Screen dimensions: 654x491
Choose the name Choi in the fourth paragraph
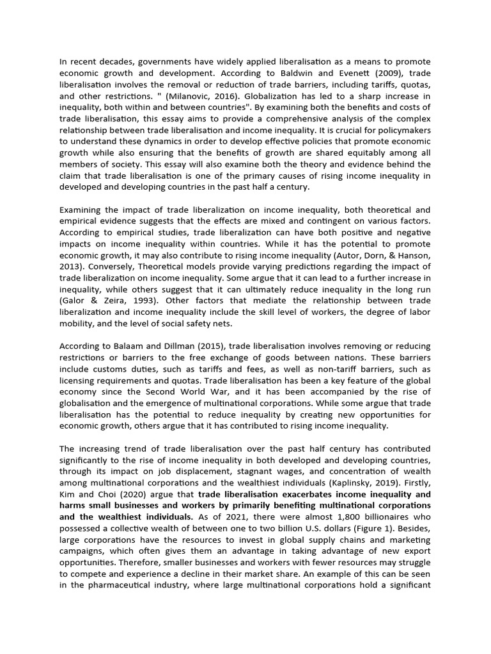pos(112,494)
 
